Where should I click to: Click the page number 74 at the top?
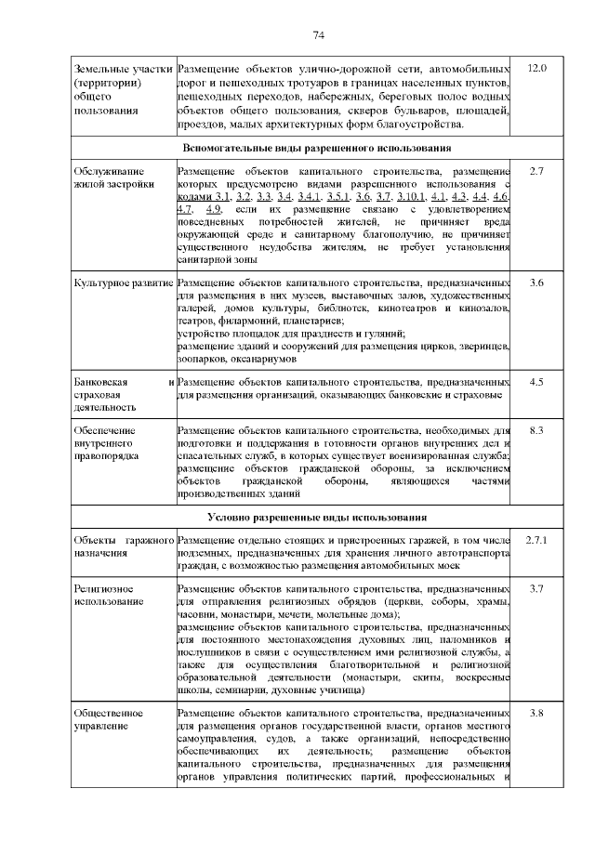click(318, 35)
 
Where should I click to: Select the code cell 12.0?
click(536, 69)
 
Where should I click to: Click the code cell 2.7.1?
click(536, 540)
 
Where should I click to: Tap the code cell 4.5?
click(536, 381)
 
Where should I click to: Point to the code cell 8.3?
click(536, 430)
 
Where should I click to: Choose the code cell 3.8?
click(536, 713)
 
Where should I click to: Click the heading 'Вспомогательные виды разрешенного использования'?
click(317, 148)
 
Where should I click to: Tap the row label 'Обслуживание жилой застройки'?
click(114, 177)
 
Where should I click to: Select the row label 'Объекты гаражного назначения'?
click(123, 546)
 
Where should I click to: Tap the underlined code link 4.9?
click(213, 211)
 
